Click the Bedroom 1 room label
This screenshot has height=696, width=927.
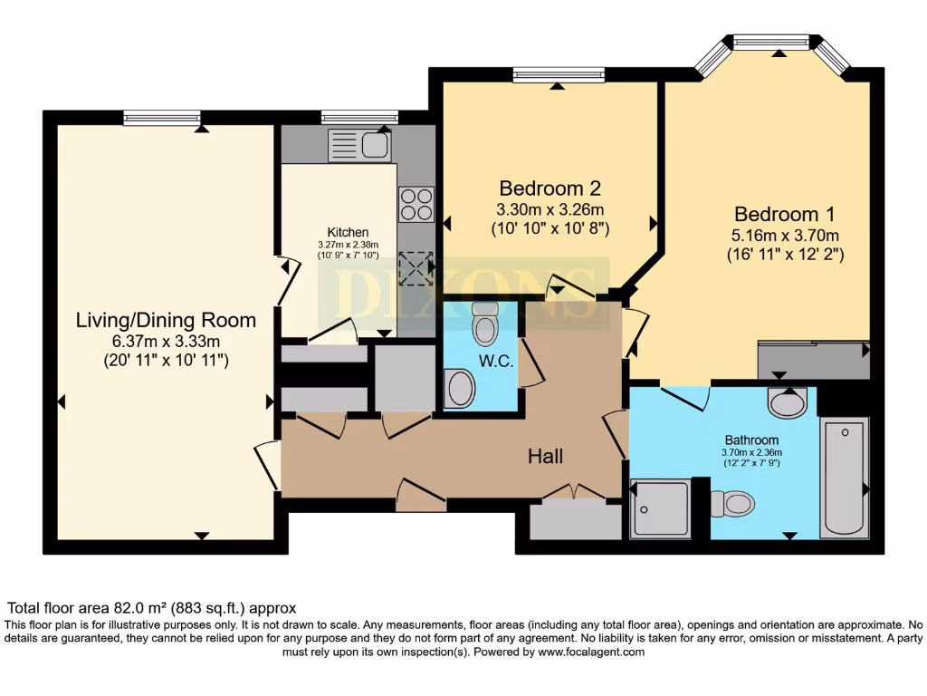784,215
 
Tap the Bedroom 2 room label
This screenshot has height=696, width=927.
550,188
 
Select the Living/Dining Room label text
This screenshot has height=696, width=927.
166,320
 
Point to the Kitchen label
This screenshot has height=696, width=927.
348,232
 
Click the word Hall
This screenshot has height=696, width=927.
546,457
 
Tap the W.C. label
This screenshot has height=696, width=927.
497,362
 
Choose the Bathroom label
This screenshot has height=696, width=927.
750,440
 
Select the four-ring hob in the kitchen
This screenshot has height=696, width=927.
416,204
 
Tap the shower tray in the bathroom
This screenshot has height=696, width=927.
660,508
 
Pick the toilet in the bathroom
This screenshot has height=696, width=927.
732,502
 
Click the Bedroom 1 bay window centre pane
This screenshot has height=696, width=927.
771,41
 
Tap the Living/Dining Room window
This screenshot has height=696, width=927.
162,118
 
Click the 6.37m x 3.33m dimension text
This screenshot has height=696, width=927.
166,341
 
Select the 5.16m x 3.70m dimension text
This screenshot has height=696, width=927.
784,236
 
